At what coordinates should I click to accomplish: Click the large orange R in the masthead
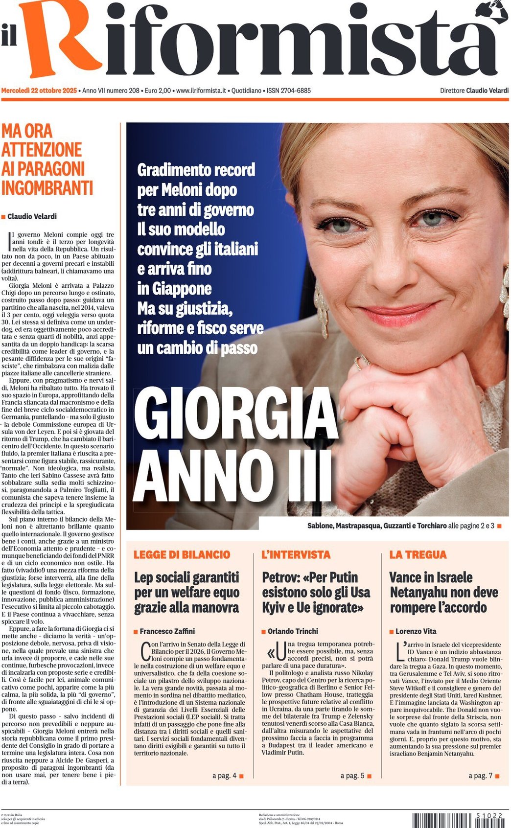pyautogui.click(x=59, y=39)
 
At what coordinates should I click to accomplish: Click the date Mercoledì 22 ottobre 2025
pyautogui.click(x=39, y=91)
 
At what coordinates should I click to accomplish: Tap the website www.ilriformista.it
pyautogui.click(x=201, y=91)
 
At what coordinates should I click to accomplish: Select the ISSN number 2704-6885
pyautogui.click(x=289, y=91)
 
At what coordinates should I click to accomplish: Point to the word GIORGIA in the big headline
pyautogui.click(x=235, y=416)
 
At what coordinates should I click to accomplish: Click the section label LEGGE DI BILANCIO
pyautogui.click(x=182, y=555)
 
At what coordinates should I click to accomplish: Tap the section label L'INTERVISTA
pyautogui.click(x=296, y=555)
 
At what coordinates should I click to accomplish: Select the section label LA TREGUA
pyautogui.click(x=418, y=555)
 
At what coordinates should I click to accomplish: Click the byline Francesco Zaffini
pyautogui.click(x=167, y=631)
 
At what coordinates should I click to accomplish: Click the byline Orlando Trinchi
pyautogui.click(x=293, y=631)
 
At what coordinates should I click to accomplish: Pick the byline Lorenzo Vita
pyautogui.click(x=416, y=631)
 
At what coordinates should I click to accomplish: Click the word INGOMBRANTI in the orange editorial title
pyautogui.click(x=47, y=188)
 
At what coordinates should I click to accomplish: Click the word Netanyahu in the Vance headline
pyautogui.click(x=424, y=593)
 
